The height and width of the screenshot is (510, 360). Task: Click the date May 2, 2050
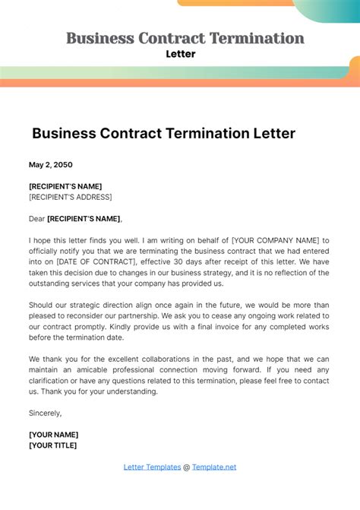click(x=51, y=164)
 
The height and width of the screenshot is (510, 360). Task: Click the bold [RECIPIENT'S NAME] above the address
click(x=65, y=186)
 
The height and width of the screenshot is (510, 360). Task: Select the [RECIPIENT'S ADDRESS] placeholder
click(x=70, y=197)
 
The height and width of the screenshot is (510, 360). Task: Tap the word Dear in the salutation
click(x=36, y=219)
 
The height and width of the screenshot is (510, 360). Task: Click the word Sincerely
click(x=46, y=413)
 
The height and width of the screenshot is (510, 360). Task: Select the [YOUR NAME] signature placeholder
click(x=53, y=435)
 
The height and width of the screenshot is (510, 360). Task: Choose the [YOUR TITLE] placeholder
click(x=53, y=445)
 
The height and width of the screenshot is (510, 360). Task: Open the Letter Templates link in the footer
click(x=152, y=467)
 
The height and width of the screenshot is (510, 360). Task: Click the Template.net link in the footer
click(x=214, y=467)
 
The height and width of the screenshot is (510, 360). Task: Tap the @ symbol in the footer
click(x=186, y=467)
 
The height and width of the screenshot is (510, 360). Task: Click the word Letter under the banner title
click(x=180, y=54)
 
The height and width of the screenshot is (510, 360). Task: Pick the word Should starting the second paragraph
click(x=42, y=305)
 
